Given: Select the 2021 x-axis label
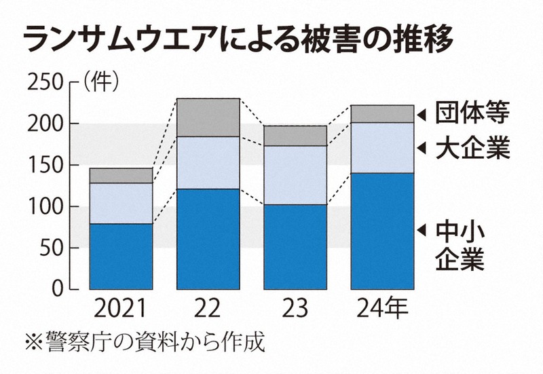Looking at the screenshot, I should pyautogui.click(x=121, y=310).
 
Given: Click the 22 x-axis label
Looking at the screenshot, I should pyautogui.click(x=208, y=310).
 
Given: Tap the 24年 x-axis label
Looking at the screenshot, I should pyautogui.click(x=381, y=310).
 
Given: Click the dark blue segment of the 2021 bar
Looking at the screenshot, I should pyautogui.click(x=121, y=257).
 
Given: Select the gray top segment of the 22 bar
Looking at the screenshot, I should pyautogui.click(x=208, y=117).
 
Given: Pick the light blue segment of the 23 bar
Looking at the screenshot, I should pyautogui.click(x=295, y=175).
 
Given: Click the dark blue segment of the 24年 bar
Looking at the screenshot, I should pyautogui.click(x=381, y=231).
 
